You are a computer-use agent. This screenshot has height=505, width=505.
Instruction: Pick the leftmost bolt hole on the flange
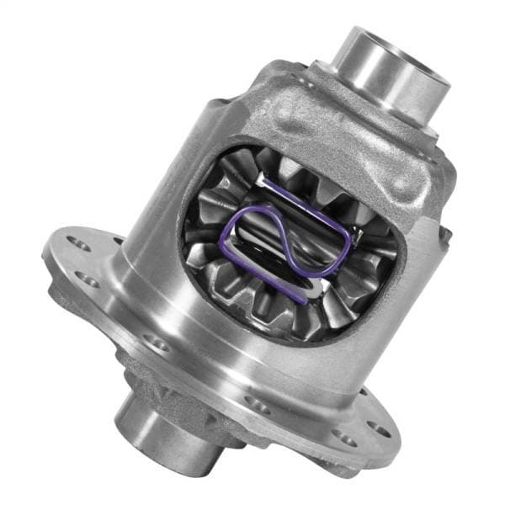click(x=77, y=244)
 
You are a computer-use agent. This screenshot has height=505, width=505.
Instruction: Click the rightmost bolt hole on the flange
click(x=382, y=430)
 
